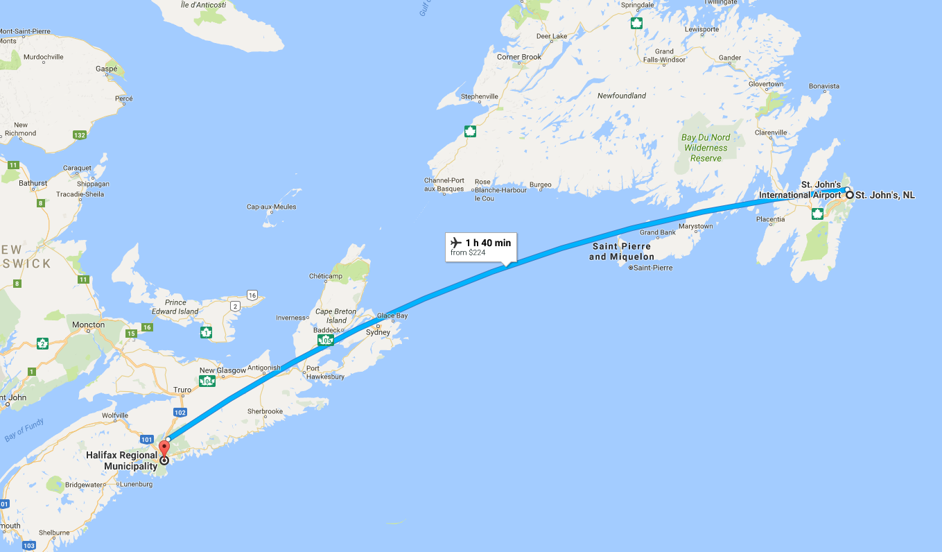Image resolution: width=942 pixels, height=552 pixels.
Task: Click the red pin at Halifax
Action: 164,447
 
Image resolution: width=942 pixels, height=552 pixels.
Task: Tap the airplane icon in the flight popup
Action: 456,243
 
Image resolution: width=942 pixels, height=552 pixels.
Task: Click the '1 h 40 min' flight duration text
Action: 488,243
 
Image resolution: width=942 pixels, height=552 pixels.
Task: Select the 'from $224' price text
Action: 468,253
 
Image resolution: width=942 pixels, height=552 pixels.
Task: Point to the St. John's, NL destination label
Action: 884,196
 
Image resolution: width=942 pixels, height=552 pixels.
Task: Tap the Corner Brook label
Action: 519,57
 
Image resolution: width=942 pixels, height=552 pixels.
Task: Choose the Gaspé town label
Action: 106,70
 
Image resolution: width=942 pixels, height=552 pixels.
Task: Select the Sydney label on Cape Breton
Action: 378,332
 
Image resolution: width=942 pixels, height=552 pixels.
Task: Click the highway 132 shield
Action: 80,135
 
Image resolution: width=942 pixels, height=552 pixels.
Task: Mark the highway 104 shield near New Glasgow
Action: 206,381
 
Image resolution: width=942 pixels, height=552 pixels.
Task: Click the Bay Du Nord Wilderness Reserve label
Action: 706,148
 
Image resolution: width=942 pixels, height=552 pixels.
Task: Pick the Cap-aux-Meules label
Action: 271,207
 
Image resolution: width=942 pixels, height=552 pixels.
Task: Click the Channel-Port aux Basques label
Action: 444,184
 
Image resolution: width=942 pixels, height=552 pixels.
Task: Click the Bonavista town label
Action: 824,86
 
